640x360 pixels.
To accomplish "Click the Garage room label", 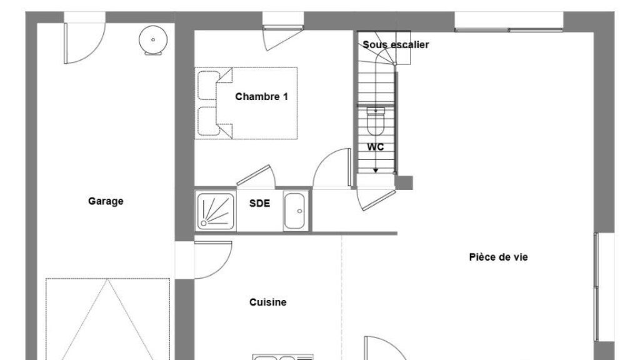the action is tap(106, 201).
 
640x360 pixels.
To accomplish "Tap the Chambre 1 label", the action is tap(261, 97).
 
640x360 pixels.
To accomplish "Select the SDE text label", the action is tap(259, 203).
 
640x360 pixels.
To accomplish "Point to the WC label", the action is tap(375, 147).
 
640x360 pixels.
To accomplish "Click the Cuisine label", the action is tap(267, 302).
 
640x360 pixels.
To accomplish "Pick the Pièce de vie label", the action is tap(498, 257).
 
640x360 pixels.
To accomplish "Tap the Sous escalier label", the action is tap(396, 44).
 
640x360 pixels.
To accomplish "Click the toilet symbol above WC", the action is tap(376, 121).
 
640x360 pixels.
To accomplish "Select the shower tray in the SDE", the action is tap(216, 211).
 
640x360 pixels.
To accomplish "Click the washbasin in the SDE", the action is tap(294, 211).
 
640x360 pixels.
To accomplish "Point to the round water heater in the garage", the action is tap(153, 40).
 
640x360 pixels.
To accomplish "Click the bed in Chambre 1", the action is tap(246, 103).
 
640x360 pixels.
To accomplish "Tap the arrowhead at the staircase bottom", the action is tap(376, 171).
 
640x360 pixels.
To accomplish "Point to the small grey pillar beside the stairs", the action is tap(404, 183).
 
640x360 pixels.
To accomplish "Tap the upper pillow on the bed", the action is tap(209, 85).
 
